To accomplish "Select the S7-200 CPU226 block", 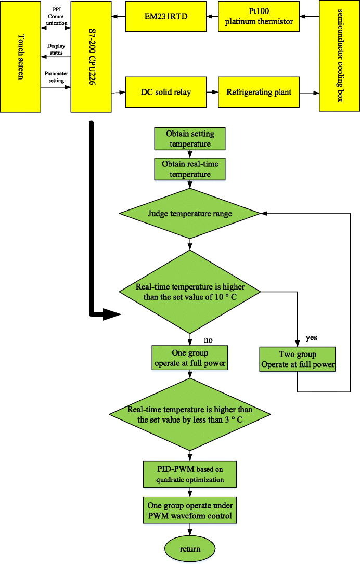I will [x=92, y=56].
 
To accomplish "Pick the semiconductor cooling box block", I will [x=339, y=56].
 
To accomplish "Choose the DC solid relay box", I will [x=166, y=93].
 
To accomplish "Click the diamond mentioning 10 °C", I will [x=189, y=291].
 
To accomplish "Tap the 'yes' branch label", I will [x=312, y=338].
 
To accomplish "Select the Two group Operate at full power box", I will [x=298, y=359].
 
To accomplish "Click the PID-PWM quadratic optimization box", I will [x=189, y=474].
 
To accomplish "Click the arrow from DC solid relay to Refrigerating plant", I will [x=212, y=93].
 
